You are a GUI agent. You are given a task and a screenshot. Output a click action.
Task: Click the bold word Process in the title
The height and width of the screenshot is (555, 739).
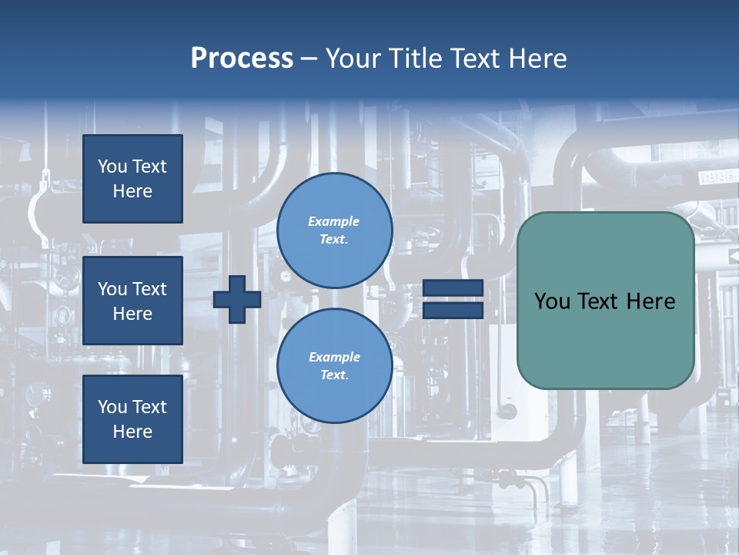coord(242,59)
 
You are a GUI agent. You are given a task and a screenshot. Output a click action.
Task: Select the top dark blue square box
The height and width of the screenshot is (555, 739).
coord(132,179)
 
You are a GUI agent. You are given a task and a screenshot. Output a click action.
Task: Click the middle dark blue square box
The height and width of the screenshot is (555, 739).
coord(132,301)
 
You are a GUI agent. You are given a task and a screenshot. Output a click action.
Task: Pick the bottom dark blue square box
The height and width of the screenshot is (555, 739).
coord(132,419)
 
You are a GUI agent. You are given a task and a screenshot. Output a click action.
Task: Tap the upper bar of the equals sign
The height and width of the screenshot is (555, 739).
coord(453,288)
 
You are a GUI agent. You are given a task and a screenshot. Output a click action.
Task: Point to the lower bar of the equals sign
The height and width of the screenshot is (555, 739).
coord(453,311)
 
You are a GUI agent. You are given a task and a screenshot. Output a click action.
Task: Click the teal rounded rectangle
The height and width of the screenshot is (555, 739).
coord(605,339)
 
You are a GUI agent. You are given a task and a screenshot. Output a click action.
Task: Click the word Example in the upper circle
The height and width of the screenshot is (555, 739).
coord(334,221)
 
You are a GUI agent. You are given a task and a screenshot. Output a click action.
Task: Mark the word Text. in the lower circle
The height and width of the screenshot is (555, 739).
coord(334,375)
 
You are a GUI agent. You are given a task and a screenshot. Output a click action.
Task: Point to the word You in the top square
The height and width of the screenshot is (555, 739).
coord(112,166)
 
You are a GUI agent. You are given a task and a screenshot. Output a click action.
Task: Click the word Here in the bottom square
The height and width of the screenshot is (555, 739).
coord(132,432)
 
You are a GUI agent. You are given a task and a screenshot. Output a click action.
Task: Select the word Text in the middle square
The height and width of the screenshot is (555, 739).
coord(149,289)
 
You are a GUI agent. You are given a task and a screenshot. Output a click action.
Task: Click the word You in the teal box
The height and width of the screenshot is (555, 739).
coord(551,301)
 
